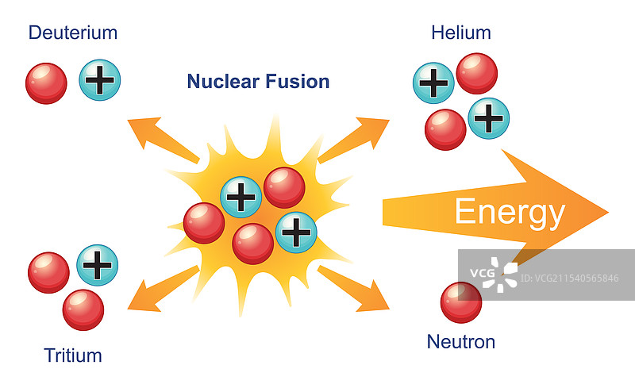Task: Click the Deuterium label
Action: click(72, 33)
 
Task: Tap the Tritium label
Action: click(73, 355)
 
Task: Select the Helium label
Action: click(460, 33)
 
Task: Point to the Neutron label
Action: click(460, 342)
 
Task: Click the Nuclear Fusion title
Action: click(258, 81)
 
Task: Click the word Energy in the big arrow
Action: click(509, 213)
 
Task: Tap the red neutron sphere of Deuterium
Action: click(47, 83)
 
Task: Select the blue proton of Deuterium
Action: click(99, 80)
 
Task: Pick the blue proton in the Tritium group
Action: click(97, 265)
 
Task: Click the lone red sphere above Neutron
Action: click(461, 302)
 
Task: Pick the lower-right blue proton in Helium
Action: click(488, 118)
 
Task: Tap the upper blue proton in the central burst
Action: click(241, 196)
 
